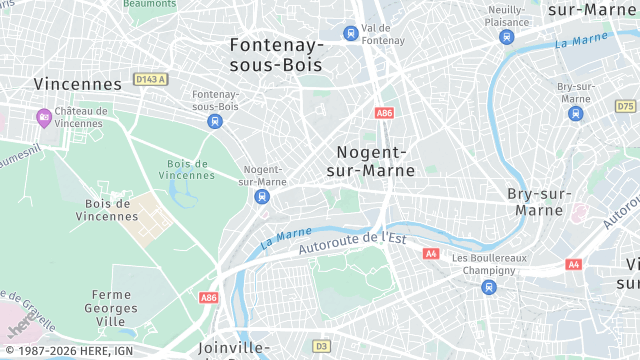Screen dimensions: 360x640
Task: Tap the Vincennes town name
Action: [x=77, y=84]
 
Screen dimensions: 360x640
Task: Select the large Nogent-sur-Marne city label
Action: [x=371, y=161]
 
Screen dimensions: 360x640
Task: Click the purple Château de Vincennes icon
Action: [x=43, y=118]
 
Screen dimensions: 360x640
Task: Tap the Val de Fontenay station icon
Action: [x=350, y=33]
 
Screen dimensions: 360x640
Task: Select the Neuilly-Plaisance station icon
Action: [x=507, y=37]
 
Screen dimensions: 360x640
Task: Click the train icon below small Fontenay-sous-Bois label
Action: [x=214, y=121]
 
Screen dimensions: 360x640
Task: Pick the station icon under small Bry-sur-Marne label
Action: [x=575, y=113]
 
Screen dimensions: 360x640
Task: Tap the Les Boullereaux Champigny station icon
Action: [x=489, y=287]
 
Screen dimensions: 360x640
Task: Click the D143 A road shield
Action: [x=150, y=79]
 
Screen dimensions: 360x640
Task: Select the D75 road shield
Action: [x=626, y=106]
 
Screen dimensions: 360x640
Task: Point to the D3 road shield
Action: [x=321, y=346]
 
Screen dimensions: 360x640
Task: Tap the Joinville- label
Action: [x=234, y=348]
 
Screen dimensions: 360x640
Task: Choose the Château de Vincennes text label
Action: [x=80, y=117]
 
